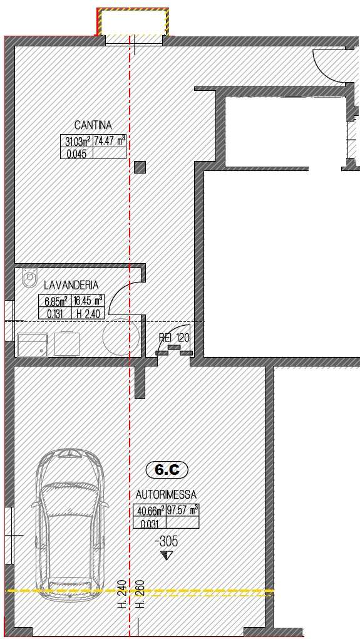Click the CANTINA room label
[x=93, y=125]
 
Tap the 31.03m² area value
[x=77, y=142]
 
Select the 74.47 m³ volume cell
[x=110, y=142]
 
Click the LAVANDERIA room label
[x=71, y=285]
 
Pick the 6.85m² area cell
[x=55, y=301]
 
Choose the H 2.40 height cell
[x=88, y=313]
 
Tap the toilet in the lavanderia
[x=29, y=278]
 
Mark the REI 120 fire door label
[x=174, y=338]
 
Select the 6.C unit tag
[x=167, y=470]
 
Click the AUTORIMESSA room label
[x=166, y=495]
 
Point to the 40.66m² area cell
[x=150, y=511]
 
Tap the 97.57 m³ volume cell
[x=182, y=511]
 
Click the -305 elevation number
[x=167, y=542]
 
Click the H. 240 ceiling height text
[x=123, y=594]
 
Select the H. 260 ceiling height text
[x=140, y=594]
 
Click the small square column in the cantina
[x=140, y=167]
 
